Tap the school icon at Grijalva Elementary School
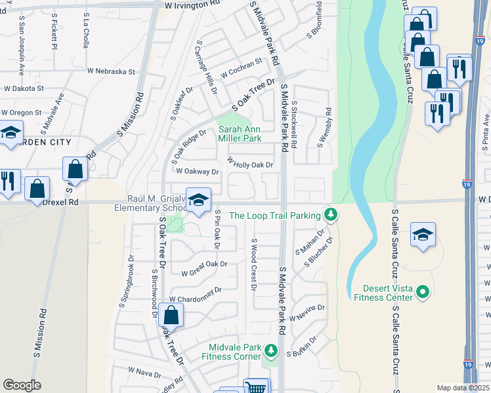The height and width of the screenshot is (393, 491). click(198, 201)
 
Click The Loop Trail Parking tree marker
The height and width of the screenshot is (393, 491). click(331, 215)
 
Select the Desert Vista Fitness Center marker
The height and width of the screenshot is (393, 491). click(423, 291)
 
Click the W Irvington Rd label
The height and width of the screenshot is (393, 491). click(192, 5)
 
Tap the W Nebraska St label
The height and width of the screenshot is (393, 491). click(110, 71)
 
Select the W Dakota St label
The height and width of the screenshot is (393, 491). click(24, 88)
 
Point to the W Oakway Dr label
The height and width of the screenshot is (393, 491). click(197, 172)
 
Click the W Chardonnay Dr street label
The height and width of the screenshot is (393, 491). click(195, 295)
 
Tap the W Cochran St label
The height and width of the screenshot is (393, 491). click(241, 68)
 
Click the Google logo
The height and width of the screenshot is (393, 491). click(22, 385)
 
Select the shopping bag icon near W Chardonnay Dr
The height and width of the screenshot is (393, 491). click(171, 316)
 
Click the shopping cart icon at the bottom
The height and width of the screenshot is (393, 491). click(255, 388)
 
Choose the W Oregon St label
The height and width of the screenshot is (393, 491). click(21, 113)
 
